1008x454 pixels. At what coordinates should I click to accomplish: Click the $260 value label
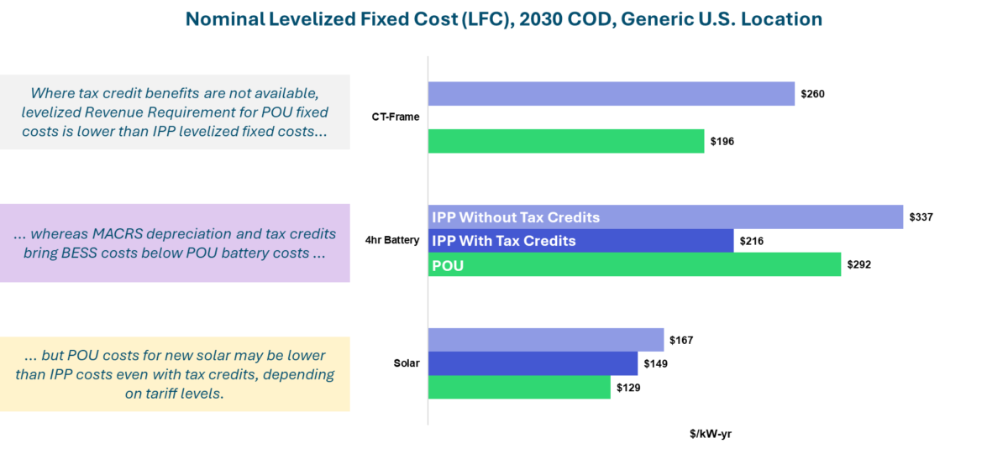coord(813,94)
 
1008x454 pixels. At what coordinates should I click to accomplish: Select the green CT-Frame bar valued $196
coord(566,142)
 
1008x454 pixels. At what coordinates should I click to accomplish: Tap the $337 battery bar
coord(756,217)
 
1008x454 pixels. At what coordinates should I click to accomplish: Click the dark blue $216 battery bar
coord(655,241)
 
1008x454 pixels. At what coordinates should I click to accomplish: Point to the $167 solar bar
coord(546,340)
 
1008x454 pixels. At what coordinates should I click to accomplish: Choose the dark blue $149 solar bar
coord(533,363)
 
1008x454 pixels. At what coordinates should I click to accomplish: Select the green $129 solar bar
coord(519,387)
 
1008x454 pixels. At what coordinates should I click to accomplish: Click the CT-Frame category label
coord(396,117)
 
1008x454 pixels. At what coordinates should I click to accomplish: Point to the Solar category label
coord(407,363)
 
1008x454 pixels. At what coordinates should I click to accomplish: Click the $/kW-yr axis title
coord(711,434)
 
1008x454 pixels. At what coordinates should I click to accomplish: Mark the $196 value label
coord(722,142)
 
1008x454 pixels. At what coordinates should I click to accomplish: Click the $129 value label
coord(629,387)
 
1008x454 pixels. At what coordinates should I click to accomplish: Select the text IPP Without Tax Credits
coord(516,217)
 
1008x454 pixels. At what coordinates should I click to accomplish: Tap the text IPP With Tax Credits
coord(504,241)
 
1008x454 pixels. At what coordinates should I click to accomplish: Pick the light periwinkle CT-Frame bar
coord(611,94)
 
